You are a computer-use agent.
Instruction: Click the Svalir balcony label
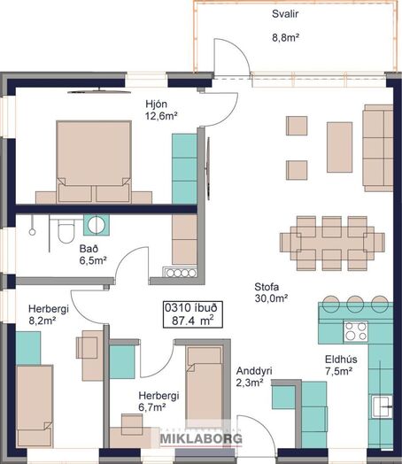click(x=285, y=14)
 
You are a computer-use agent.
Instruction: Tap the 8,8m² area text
click(x=285, y=37)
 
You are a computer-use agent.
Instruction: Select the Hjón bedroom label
click(x=156, y=104)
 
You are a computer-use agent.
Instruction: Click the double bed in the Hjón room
click(x=94, y=161)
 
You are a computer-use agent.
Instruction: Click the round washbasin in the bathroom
click(x=97, y=225)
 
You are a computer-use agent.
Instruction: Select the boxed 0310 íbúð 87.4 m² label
click(x=192, y=314)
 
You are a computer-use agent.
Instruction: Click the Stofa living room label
click(x=267, y=287)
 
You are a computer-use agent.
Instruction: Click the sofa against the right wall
click(x=378, y=148)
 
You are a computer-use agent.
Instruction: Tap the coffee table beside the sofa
click(x=339, y=147)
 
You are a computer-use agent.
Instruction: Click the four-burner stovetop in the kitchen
click(x=356, y=331)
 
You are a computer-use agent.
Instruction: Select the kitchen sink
click(x=383, y=406)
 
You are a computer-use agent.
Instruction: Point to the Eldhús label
click(x=341, y=360)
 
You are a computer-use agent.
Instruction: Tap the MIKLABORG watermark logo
click(x=201, y=439)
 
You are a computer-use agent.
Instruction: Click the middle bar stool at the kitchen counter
click(x=355, y=304)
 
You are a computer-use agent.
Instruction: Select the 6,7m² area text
click(x=152, y=407)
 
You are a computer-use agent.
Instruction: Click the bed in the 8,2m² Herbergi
click(x=35, y=406)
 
